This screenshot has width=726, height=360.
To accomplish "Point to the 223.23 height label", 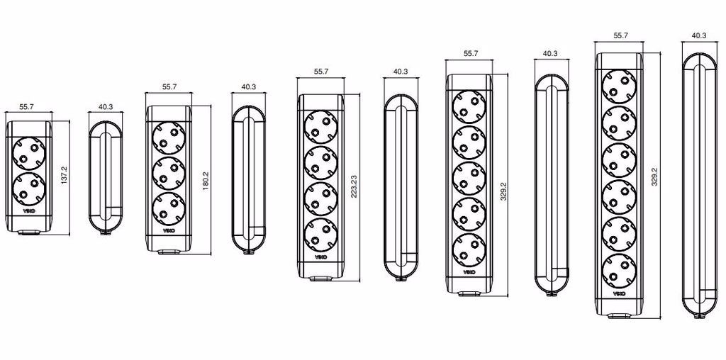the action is (354, 186).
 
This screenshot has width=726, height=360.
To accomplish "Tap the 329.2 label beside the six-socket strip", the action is (654, 176).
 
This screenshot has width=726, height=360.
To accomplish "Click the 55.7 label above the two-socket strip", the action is (26, 107).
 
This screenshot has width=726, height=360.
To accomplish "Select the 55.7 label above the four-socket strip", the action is (321, 72).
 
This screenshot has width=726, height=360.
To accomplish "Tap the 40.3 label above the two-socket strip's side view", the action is (105, 107).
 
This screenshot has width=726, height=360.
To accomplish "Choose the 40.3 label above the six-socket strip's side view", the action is (698, 35).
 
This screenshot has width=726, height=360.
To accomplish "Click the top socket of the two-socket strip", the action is (28, 153).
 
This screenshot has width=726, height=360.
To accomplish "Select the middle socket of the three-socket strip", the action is (169, 173).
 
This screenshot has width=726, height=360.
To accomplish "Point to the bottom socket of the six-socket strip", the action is (619, 270).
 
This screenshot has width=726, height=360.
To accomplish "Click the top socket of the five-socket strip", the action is (469, 107).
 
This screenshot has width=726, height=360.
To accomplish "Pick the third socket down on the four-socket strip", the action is (321, 199).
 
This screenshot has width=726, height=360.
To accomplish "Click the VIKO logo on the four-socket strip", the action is (321, 257).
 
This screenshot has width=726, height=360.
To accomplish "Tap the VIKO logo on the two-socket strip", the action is (28, 210).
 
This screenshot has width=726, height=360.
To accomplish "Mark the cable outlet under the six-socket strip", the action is (619, 316).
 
